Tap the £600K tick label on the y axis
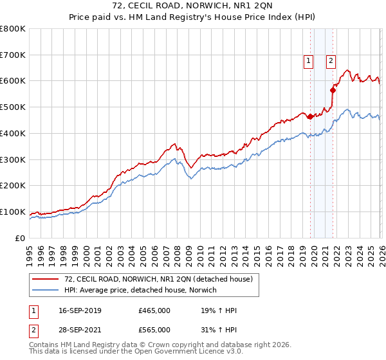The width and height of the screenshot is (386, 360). point(13,81)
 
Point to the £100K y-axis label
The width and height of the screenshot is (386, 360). point(13,212)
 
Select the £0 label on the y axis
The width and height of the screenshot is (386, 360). point(21,238)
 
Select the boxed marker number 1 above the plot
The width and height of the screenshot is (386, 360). point(309,61)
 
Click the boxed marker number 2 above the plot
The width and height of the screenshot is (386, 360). point(331,61)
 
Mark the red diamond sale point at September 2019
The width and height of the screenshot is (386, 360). point(310,116)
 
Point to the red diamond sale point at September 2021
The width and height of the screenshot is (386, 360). point(333,90)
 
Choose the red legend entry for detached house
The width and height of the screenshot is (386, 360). point(161,279)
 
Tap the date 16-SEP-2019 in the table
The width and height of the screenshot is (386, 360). point(80,310)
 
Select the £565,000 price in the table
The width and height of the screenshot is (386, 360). point(154,330)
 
